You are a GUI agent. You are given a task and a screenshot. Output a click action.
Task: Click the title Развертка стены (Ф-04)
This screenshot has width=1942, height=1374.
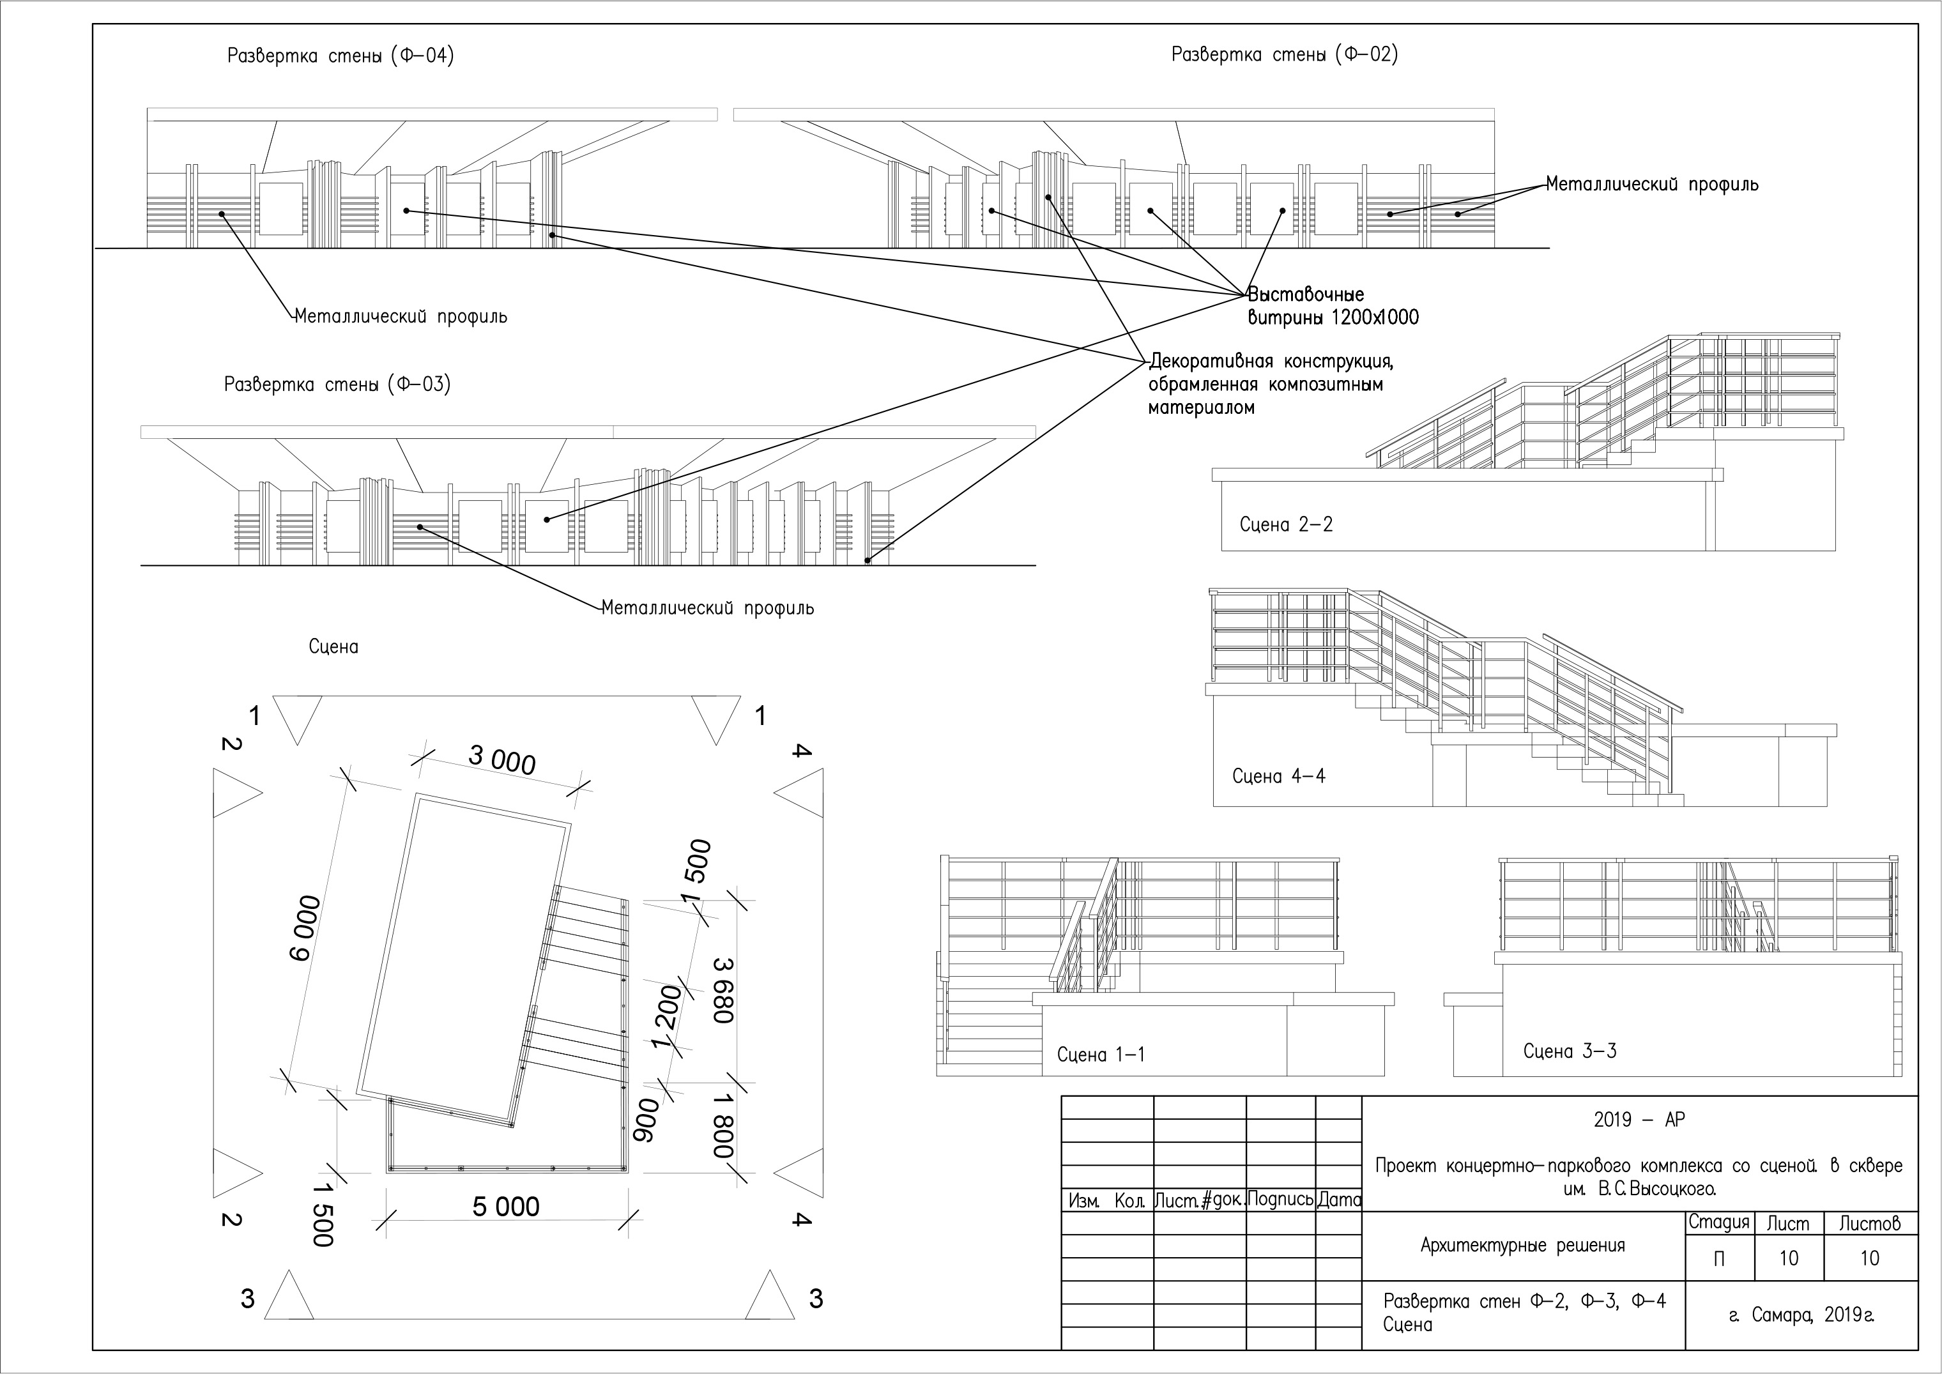click(x=340, y=56)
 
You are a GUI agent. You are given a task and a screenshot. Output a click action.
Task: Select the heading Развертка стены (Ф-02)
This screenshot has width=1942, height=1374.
click(x=1285, y=54)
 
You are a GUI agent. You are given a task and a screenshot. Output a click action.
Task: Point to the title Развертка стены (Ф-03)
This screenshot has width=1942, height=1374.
click(x=337, y=384)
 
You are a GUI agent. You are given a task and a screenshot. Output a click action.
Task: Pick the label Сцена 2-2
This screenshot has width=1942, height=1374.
click(x=1286, y=524)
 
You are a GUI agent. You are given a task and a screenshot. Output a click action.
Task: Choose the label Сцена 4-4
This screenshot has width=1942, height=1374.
click(x=1278, y=776)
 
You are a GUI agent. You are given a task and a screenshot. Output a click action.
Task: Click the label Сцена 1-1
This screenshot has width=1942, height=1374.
click(x=1101, y=1054)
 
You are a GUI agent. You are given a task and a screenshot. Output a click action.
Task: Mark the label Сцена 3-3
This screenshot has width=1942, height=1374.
click(x=1570, y=1051)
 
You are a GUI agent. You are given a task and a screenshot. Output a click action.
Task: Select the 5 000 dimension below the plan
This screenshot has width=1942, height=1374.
click(x=506, y=1207)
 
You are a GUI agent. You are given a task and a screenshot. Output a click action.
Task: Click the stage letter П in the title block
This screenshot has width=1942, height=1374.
click(x=1718, y=1258)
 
